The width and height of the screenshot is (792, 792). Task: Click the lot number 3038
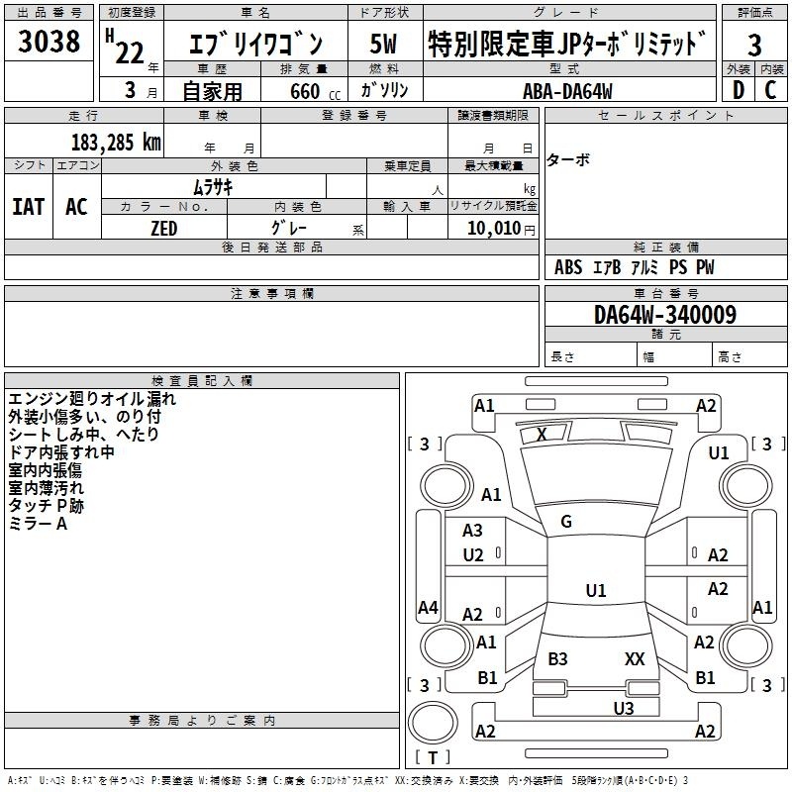pos(49,41)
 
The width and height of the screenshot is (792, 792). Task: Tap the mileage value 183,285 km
pos(116,143)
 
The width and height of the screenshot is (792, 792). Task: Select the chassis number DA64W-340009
pos(664,315)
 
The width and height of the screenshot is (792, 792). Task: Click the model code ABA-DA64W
pos(567,91)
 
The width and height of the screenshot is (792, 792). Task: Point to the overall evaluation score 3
pos(754,46)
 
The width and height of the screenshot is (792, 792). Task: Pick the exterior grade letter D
pos(739,90)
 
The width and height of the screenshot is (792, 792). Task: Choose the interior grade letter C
pos(770,90)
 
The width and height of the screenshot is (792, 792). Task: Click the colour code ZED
pos(164,229)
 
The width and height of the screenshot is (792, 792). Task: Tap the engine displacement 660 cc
pos(315,91)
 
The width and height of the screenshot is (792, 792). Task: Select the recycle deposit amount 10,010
pos(494,229)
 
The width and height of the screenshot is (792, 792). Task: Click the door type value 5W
pos(383,44)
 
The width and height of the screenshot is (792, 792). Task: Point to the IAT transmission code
pos(29,207)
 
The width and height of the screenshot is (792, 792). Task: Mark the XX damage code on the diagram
pos(635,659)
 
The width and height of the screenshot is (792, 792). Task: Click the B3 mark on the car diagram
pos(557,659)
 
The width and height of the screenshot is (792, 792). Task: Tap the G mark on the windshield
pos(566,522)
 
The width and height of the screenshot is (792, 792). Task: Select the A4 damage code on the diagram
pos(428,607)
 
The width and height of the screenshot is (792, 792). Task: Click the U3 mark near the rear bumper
pos(624,709)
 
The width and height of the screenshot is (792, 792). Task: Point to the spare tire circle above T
pos(433,723)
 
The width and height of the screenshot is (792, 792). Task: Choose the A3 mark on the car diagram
pos(472,531)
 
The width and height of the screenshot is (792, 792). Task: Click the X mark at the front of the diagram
pos(542,435)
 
